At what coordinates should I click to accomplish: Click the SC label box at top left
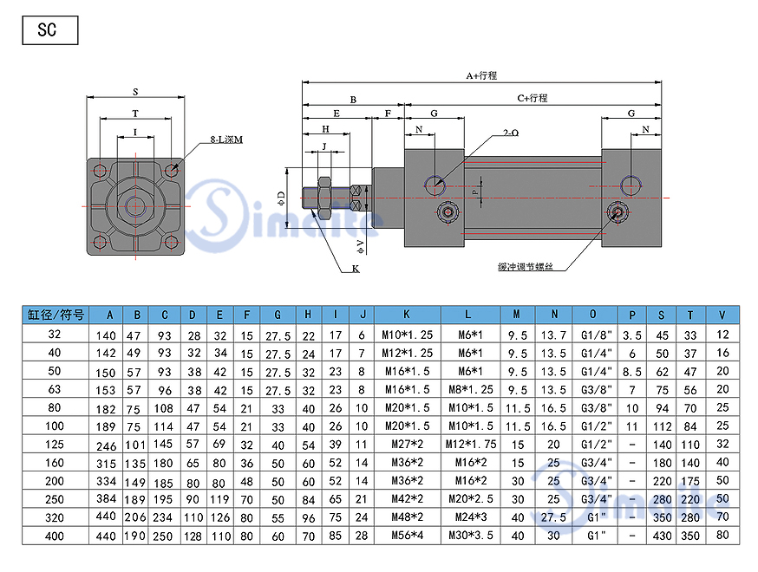pos(49,30)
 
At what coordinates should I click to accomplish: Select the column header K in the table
pos(407,315)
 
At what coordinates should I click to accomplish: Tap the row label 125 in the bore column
pos(55,444)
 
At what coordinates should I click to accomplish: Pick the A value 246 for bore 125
pos(106,445)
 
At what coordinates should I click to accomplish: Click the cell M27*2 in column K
pos(407,444)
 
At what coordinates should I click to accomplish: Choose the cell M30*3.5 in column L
pos(471,536)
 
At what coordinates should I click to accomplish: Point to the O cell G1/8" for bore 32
pos(596,335)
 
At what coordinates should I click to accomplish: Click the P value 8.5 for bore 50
pos(632,372)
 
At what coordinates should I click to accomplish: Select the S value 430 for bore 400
pos(662,536)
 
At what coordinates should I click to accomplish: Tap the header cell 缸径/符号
pos(56,315)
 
